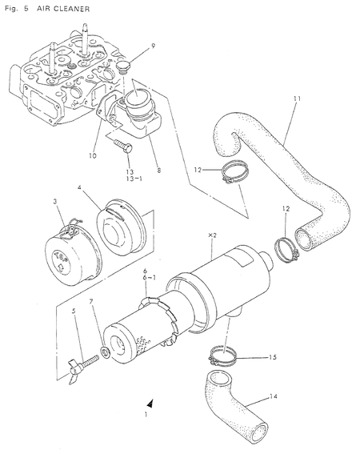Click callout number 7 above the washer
coord(91,303)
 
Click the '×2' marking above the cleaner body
coord(212,235)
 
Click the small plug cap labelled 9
coord(125,70)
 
